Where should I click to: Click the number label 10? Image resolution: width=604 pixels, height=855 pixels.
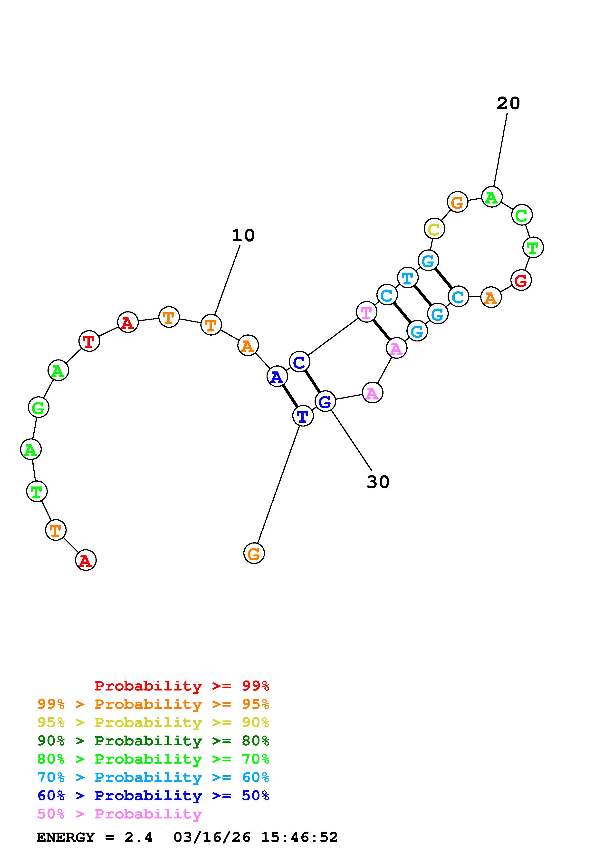tap(243, 235)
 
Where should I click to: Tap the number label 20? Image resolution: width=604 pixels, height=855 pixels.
tap(508, 103)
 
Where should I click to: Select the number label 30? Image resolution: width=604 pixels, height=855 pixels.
tap(378, 482)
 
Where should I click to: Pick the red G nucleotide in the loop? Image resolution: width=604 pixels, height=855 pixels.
tap(521, 280)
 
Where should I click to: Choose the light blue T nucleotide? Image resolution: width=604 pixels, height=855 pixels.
tap(408, 277)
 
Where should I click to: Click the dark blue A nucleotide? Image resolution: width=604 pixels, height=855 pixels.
tap(277, 377)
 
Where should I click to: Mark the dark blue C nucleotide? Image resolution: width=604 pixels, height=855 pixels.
tap(299, 361)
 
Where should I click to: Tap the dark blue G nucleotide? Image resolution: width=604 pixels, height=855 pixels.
tap(325, 401)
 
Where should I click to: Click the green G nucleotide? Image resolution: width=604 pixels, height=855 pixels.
tap(38, 407)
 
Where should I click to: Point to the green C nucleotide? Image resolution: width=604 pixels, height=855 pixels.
tap(522, 215)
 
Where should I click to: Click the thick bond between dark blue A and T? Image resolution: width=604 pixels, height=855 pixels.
tap(290, 396)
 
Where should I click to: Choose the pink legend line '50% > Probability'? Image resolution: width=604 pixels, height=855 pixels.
tap(119, 814)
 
